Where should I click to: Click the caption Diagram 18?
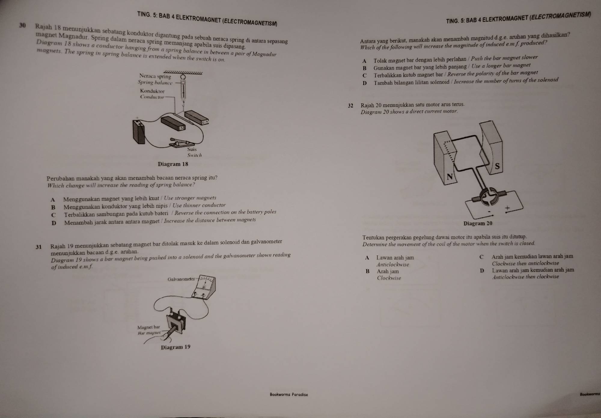[x=173, y=164]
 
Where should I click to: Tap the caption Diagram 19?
[x=175, y=347]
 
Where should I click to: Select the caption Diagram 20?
[x=478, y=223]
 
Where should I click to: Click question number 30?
[x=23, y=25]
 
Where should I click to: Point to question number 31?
[x=38, y=247]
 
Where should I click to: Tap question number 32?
[x=351, y=106]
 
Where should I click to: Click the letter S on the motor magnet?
[x=497, y=166]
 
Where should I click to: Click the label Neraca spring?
[x=155, y=76]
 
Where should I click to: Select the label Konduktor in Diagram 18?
[x=152, y=91]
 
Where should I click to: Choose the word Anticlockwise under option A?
[x=393, y=265]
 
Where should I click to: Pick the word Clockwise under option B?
[x=389, y=278]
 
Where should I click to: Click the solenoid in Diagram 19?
[x=176, y=323]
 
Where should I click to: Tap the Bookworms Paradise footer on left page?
[x=289, y=394]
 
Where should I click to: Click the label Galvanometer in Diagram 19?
[x=181, y=279]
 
